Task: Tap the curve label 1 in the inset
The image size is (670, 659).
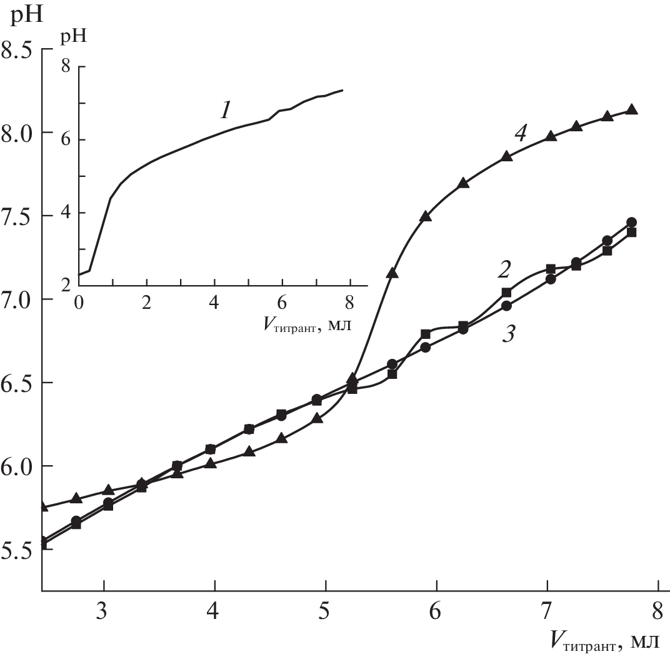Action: [226, 111]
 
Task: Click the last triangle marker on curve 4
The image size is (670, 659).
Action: [631, 109]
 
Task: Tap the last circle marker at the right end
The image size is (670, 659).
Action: [631, 222]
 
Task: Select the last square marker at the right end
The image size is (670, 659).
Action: [631, 233]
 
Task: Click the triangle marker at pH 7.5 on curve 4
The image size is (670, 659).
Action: [426, 216]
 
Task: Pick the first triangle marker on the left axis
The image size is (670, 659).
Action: [43, 506]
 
